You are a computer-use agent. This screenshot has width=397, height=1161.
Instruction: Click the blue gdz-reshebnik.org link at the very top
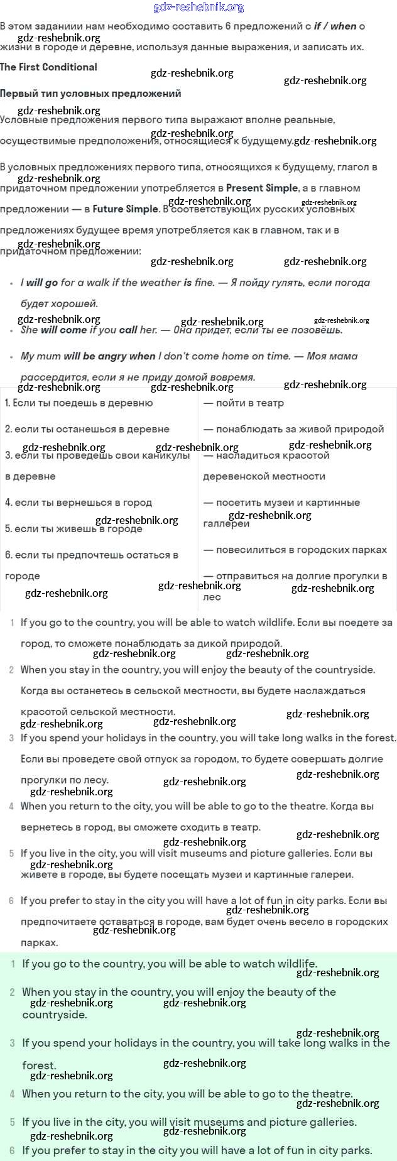pyautogui.click(x=198, y=8)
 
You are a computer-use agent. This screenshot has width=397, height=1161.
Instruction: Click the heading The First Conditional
pyautogui.click(x=48, y=67)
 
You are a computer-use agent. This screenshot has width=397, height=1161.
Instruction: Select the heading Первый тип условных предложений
pyautogui.click(x=90, y=94)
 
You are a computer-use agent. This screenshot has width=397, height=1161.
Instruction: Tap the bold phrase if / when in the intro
pyautogui.click(x=335, y=26)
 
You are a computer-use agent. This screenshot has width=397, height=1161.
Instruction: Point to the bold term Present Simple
pyautogui.click(x=262, y=188)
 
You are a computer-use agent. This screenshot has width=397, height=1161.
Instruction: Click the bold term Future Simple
pyautogui.click(x=125, y=209)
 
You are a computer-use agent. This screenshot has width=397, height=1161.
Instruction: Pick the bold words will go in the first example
pyautogui.click(x=42, y=283)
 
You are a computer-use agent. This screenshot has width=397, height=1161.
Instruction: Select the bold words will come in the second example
pyautogui.click(x=63, y=330)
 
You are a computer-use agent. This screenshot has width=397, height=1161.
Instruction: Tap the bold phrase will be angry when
pyautogui.click(x=109, y=356)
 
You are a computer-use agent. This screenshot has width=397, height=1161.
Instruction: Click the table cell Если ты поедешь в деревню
pyautogui.click(x=79, y=403)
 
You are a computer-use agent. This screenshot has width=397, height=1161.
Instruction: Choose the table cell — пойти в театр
pyautogui.click(x=244, y=403)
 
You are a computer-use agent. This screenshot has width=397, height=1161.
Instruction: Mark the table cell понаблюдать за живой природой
pyautogui.click(x=300, y=429)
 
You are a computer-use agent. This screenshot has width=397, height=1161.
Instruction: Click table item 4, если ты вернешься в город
pyautogui.click(x=79, y=503)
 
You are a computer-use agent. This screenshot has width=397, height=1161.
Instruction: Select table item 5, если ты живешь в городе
pyautogui.click(x=73, y=529)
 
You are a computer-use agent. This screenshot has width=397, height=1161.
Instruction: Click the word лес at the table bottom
pyautogui.click(x=212, y=597)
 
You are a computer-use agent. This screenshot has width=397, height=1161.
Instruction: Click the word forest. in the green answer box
pyautogui.click(x=39, y=1066)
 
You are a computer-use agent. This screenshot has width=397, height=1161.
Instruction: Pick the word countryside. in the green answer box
pyautogui.click(x=55, y=1015)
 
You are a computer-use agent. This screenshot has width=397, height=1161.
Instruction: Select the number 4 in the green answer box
pyautogui.click(x=12, y=1094)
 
